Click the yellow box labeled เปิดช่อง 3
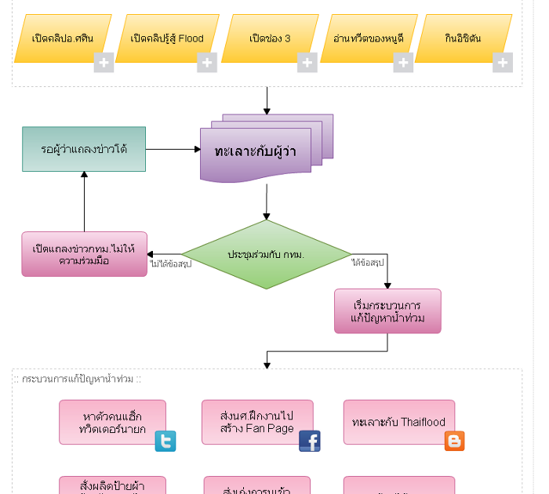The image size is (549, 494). coord(269,38)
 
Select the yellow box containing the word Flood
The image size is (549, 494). coord(166,38)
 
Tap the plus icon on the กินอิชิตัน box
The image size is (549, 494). coord(502,63)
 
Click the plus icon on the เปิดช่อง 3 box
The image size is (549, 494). coord(307,63)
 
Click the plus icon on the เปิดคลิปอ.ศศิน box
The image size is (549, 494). coord(104,63)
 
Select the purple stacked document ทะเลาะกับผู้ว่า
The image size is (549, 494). coord(260,151)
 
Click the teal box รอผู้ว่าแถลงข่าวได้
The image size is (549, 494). coord(84,149)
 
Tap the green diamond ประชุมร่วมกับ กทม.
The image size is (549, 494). coord(267,255)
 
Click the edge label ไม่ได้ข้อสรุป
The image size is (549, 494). coord(170,264)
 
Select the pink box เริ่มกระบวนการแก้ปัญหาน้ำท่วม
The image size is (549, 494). coord(387,311)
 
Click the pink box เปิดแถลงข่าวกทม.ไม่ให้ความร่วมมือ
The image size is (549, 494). coord(84,254)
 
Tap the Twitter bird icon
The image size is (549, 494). coord(165,441)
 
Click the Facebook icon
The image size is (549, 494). coord(309,441)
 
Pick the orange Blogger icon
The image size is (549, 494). coord(454,441)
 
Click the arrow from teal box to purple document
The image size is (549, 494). coord(173,149)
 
